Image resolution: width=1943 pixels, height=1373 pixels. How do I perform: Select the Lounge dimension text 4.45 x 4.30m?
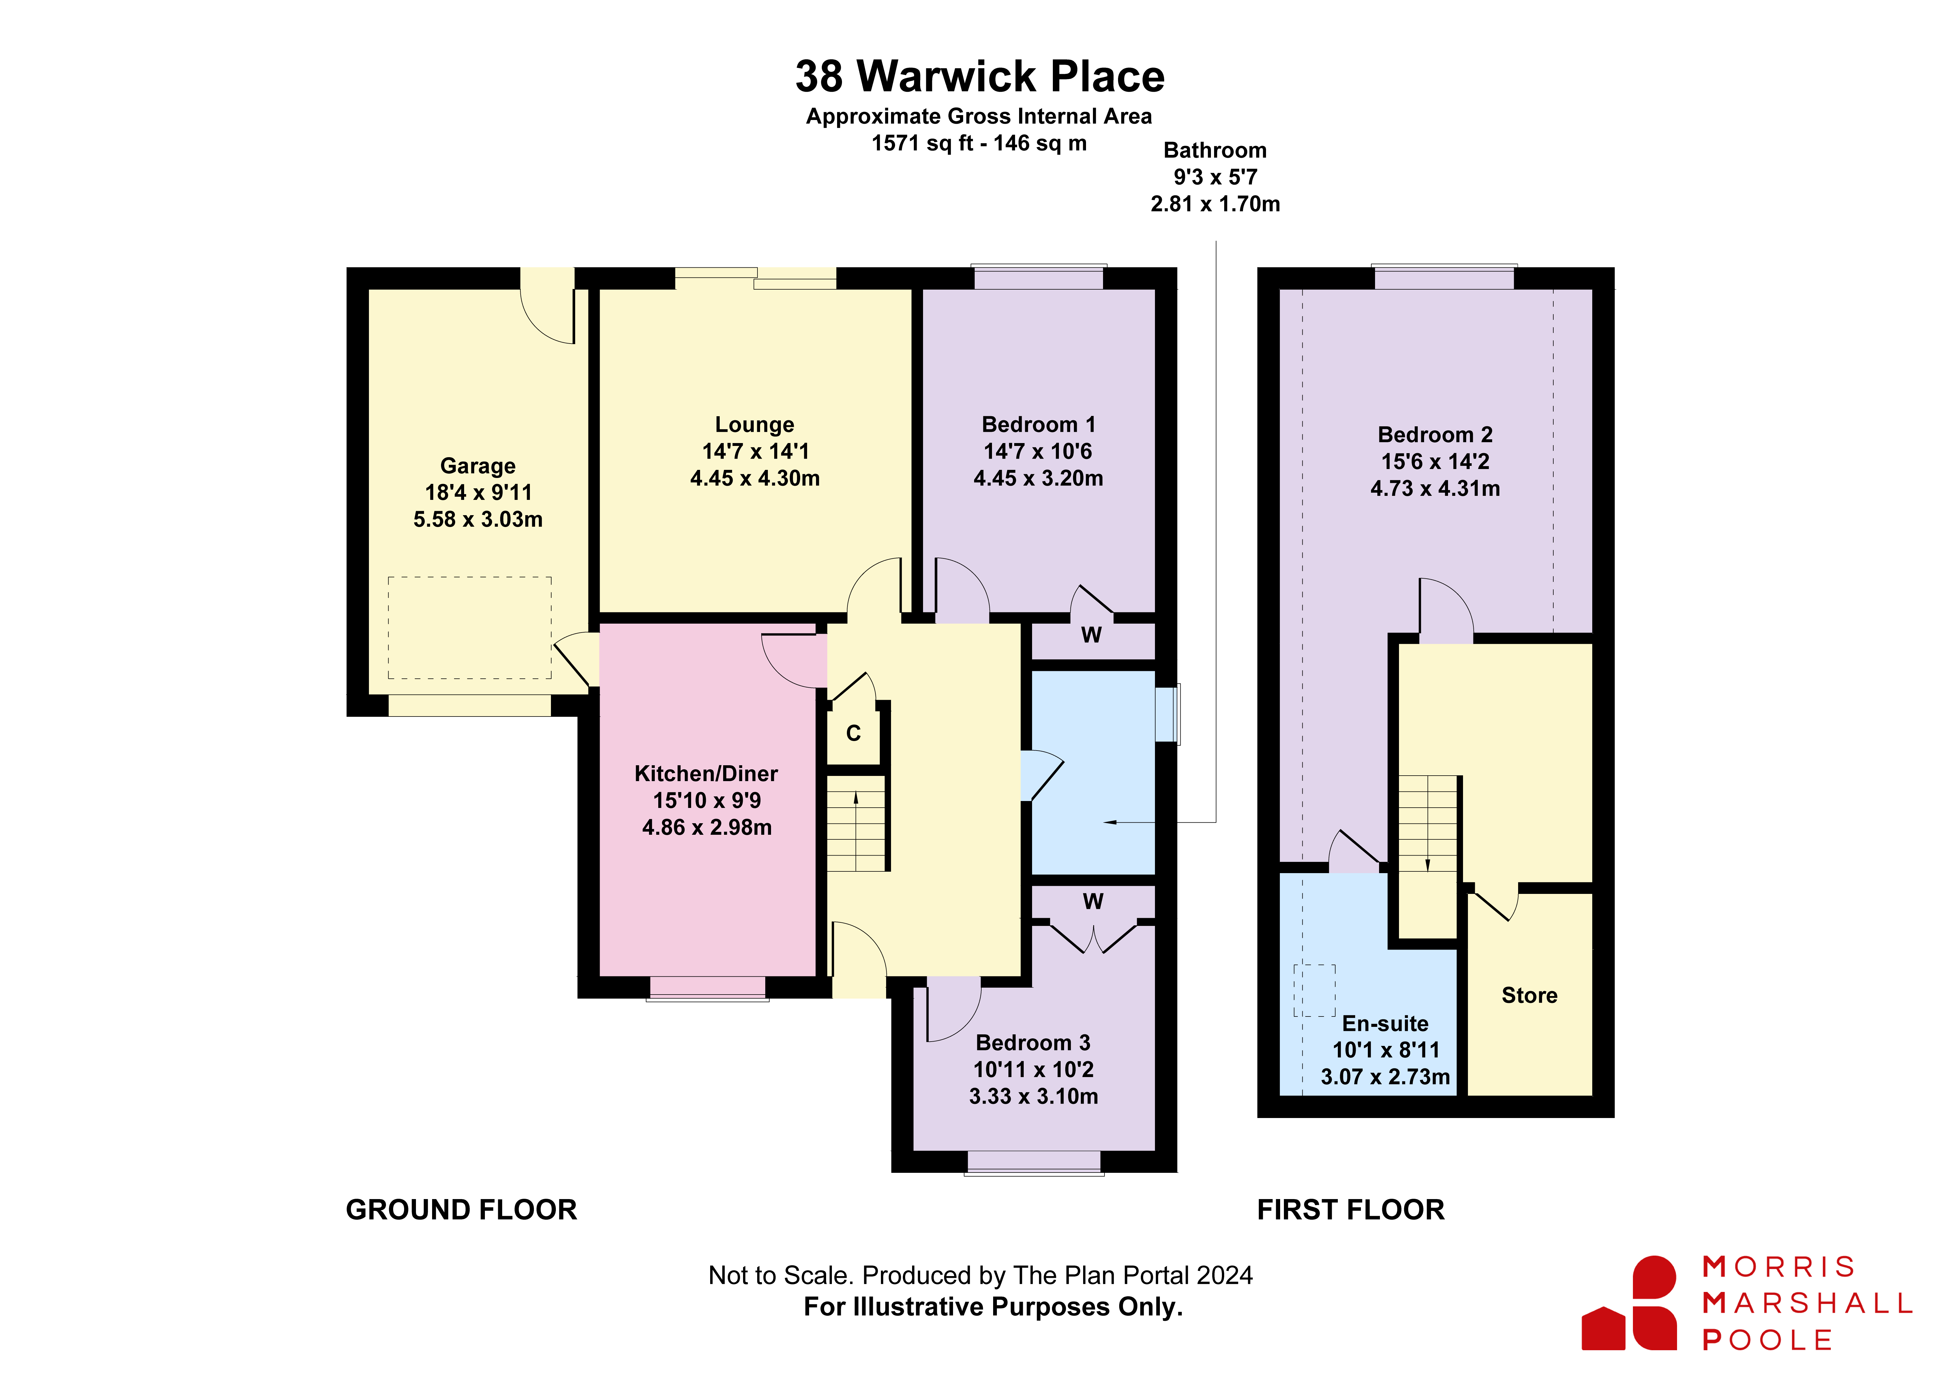(x=755, y=478)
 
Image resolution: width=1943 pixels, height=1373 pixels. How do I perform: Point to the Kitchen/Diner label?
(x=707, y=774)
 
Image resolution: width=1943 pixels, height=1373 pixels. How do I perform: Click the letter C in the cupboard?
(x=854, y=733)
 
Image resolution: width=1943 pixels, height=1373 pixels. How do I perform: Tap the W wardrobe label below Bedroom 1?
(x=1092, y=635)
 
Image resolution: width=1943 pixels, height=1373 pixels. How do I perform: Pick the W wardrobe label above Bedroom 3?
(x=1093, y=901)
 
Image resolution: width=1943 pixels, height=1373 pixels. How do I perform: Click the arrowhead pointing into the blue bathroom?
(x=1110, y=822)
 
